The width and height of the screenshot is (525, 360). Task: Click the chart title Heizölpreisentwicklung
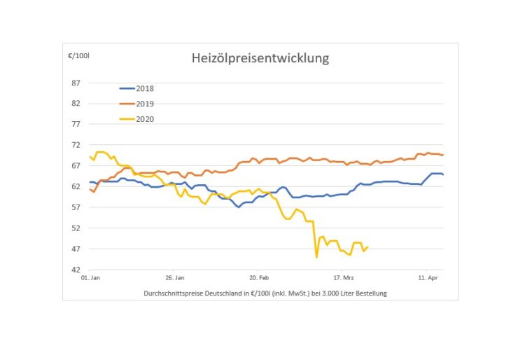(x=260, y=59)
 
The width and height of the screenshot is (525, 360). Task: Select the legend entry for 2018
(x=145, y=89)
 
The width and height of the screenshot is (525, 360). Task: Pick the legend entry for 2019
(x=145, y=104)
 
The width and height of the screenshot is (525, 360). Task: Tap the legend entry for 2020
(x=145, y=118)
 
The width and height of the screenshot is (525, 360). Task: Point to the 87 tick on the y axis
(x=76, y=83)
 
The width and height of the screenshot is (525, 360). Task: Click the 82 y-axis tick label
(x=76, y=104)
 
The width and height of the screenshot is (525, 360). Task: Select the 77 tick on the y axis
(x=76, y=124)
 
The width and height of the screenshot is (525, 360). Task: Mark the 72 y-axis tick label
(x=76, y=145)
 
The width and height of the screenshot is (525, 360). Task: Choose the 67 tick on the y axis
(x=76, y=166)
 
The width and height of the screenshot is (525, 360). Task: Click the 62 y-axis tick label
(x=76, y=186)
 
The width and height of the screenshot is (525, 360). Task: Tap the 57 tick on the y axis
(x=76, y=207)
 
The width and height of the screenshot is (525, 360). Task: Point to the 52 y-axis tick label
(x=76, y=228)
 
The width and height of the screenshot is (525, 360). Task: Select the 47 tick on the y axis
(x=76, y=249)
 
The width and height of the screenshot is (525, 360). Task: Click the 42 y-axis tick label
(x=76, y=270)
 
